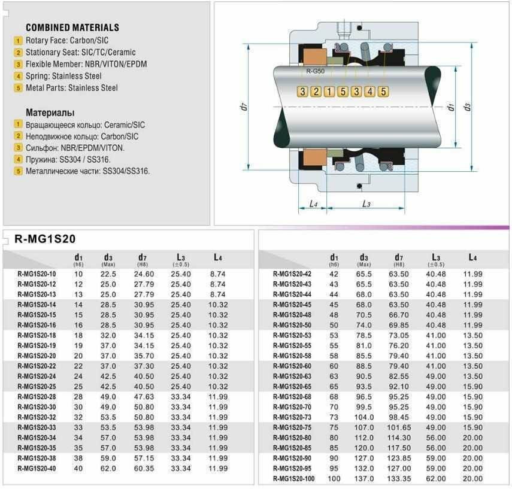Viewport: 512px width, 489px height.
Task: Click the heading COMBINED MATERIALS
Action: point(72,28)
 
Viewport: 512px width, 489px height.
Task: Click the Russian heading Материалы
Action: point(50,113)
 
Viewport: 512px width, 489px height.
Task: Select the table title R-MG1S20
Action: point(45,239)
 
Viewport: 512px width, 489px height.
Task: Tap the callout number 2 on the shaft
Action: point(316,92)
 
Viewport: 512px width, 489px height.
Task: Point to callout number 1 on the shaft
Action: point(329,92)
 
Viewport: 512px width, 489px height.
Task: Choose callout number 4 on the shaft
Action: point(369,92)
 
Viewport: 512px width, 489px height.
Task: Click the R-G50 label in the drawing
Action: point(316,71)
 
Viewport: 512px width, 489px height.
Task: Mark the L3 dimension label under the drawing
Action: point(366,204)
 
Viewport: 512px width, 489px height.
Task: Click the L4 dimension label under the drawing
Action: point(313,204)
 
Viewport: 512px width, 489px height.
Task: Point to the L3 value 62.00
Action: point(436,479)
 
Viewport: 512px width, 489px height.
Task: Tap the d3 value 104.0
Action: point(364,417)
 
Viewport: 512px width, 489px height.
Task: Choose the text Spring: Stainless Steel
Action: point(63,76)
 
